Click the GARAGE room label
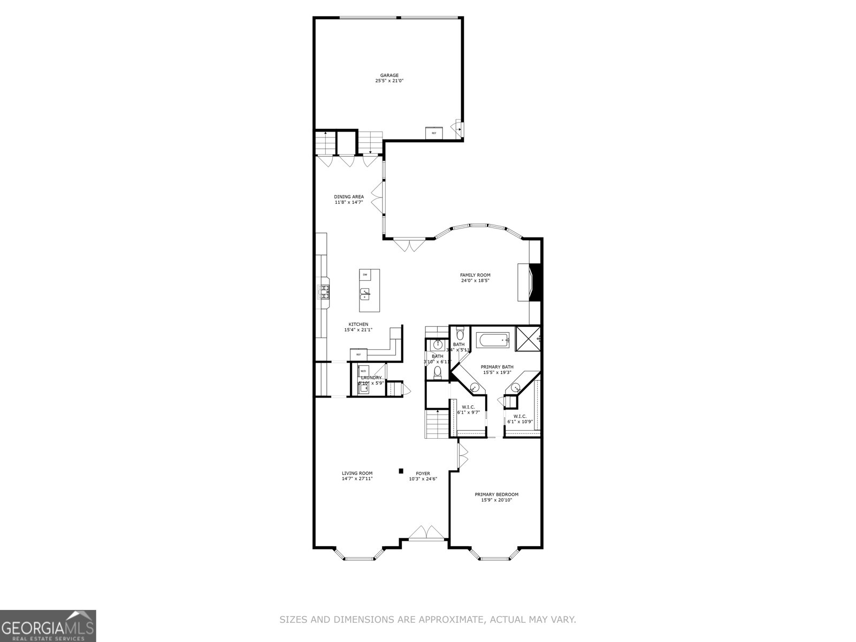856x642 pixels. tap(389, 75)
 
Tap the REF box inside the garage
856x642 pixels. tap(434, 133)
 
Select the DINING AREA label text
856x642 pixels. tap(349, 197)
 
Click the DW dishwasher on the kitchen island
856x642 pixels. tap(365, 275)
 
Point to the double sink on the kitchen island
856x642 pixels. tap(365, 294)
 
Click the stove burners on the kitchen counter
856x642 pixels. tap(325, 292)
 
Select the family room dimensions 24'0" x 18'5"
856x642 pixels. tap(475, 281)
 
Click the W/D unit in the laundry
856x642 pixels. tap(363, 370)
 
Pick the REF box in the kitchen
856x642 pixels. tap(358, 354)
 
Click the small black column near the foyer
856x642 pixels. tap(400, 471)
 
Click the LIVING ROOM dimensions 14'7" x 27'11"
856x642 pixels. tap(357, 479)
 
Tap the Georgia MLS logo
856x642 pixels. tap(48, 625)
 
